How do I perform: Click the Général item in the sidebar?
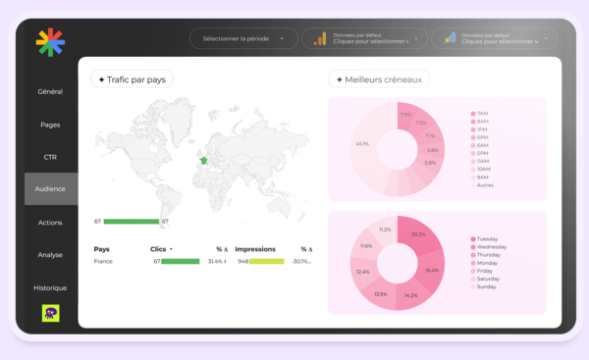pos(50,91)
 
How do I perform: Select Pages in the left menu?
pos(50,125)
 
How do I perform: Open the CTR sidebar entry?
pos(50,157)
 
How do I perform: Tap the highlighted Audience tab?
pos(50,188)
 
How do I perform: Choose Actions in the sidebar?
pos(50,223)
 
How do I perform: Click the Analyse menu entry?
pos(50,255)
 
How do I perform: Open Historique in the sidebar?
pos(50,287)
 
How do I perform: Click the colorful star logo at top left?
pos(50,42)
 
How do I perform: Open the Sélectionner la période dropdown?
pos(242,39)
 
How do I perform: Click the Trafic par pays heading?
pos(132,79)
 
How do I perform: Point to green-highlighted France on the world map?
pos(203,161)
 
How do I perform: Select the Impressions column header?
pos(255,249)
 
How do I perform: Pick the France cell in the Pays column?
pos(103,262)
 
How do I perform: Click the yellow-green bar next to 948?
pos(266,262)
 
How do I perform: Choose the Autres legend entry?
pos(486,184)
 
